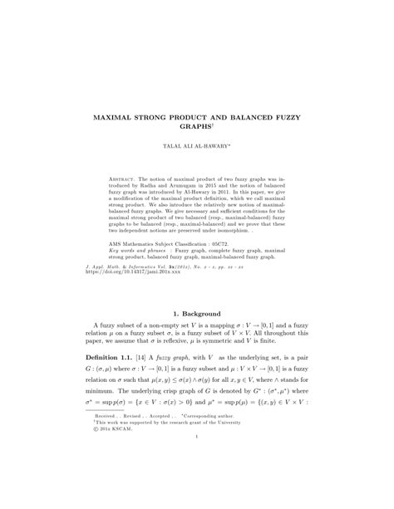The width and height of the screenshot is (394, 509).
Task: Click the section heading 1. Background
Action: pos(196,338)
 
